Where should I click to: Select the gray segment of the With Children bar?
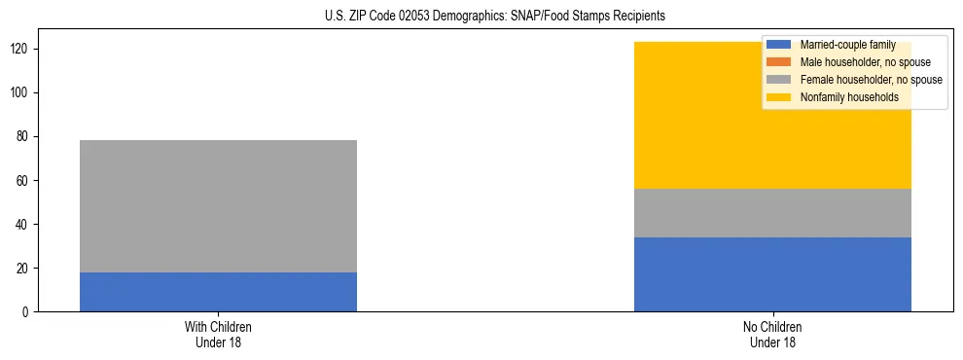(x=218, y=206)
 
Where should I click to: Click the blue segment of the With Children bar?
(x=218, y=292)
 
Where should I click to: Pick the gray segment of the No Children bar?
(x=772, y=213)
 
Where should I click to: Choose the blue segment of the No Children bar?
(x=772, y=274)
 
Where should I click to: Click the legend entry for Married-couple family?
(x=847, y=45)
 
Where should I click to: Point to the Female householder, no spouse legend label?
(x=871, y=80)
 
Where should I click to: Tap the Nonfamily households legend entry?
(x=849, y=97)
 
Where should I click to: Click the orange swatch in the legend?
(x=779, y=62)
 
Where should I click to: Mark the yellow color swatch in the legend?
(x=779, y=97)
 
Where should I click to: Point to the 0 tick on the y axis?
(x=26, y=312)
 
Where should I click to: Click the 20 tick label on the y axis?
(x=23, y=269)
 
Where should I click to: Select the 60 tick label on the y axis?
(x=23, y=181)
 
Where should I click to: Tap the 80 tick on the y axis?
(x=23, y=137)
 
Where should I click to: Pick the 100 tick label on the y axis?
(x=20, y=93)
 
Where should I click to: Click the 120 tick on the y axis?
(x=20, y=50)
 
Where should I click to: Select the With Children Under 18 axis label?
(x=218, y=335)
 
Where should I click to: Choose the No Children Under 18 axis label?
(x=772, y=335)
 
